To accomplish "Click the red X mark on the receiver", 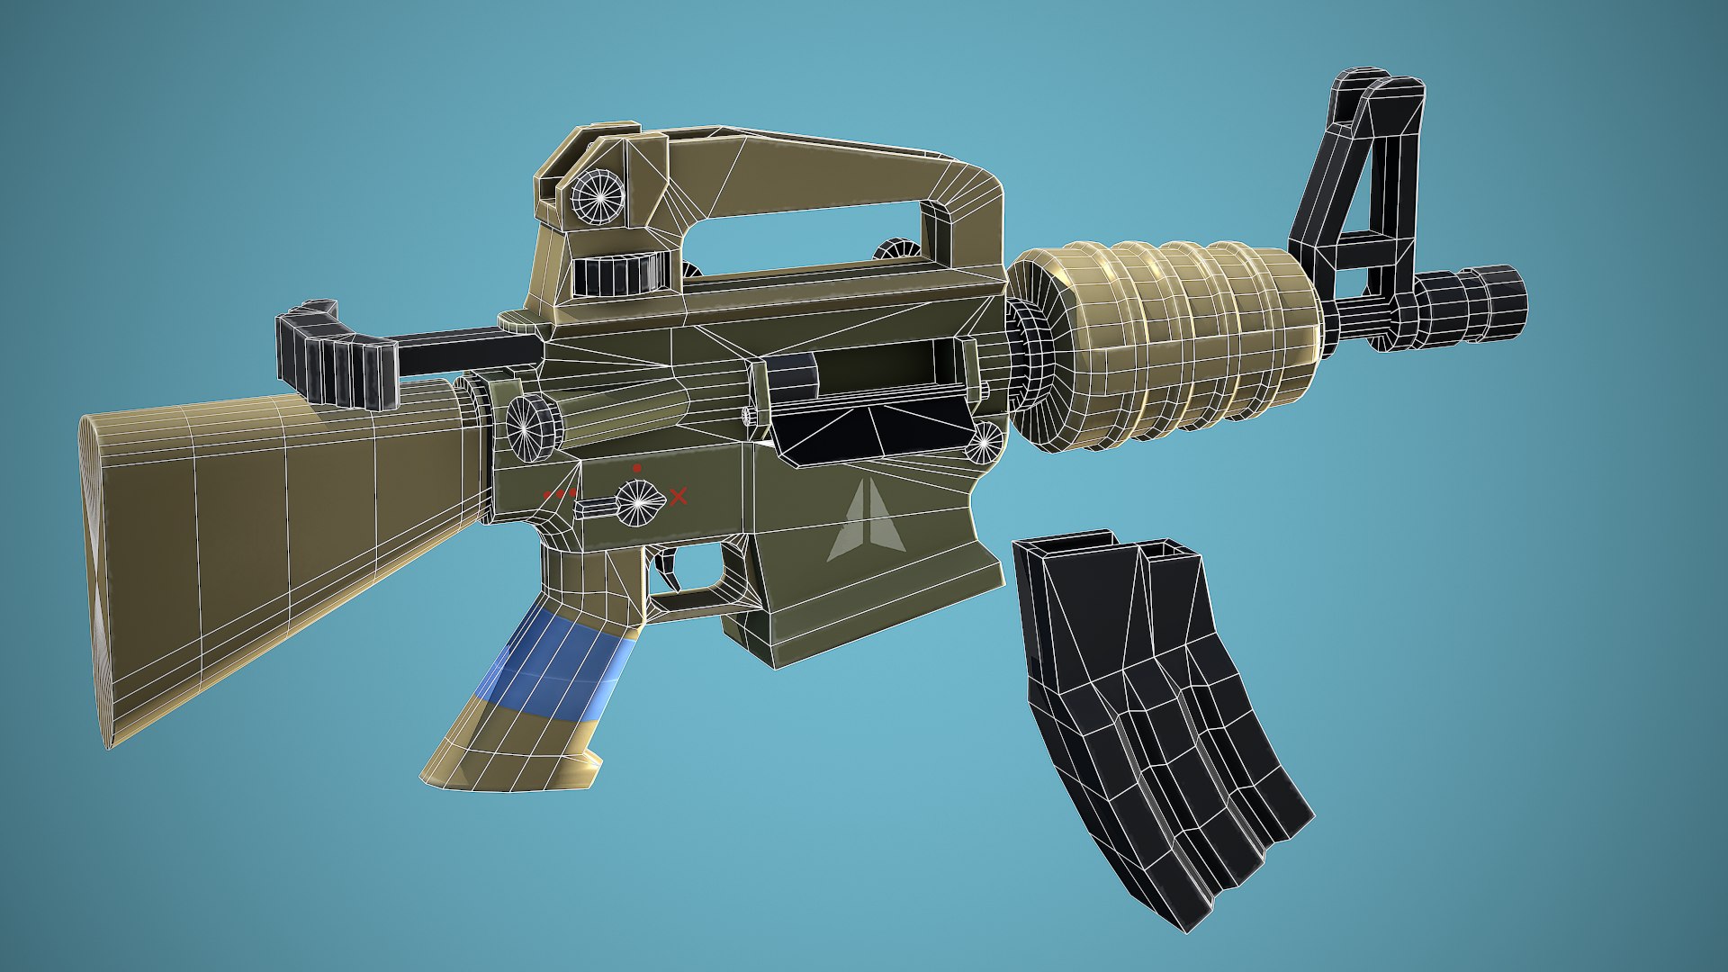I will (679, 496).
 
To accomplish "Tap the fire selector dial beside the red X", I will (638, 501).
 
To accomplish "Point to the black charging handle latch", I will (338, 356).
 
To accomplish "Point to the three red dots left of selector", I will (560, 494).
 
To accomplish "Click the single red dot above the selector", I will (637, 468).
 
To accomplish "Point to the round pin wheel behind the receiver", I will (532, 424).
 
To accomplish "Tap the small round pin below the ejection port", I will (987, 441).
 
